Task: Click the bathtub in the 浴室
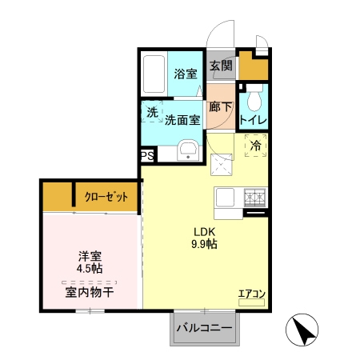[x=154, y=74]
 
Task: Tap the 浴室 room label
[x=186, y=74]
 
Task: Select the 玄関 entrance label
[x=221, y=66]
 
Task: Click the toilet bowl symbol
[x=254, y=99]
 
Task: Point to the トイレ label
[x=254, y=120]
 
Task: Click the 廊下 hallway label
[x=221, y=107]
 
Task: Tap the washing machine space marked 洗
[x=152, y=111]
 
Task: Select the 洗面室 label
[x=182, y=120]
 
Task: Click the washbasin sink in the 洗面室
[x=188, y=150]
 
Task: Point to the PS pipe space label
[x=147, y=155]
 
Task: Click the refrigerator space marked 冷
[x=255, y=146]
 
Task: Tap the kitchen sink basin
[x=225, y=198]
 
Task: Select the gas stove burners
[x=255, y=198]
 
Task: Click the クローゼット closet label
[x=106, y=197]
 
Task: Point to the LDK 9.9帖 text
[x=204, y=238]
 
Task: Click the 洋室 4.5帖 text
[x=90, y=262]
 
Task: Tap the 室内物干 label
[x=90, y=293]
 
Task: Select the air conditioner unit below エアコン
[x=251, y=302]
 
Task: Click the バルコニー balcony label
[x=205, y=327]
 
